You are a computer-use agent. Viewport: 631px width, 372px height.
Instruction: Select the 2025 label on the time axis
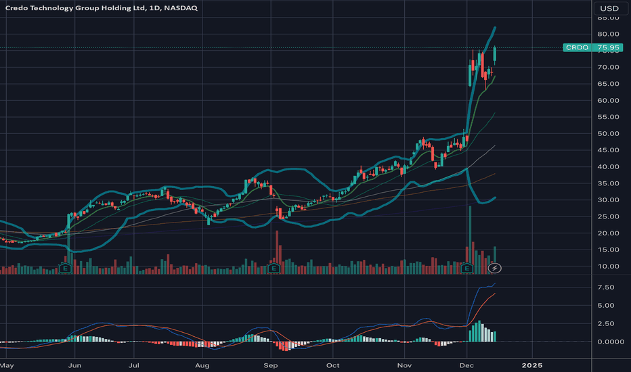coord(531,366)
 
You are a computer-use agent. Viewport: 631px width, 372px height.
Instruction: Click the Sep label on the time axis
coord(271,366)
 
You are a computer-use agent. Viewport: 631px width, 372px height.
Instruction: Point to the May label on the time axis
coord(7,366)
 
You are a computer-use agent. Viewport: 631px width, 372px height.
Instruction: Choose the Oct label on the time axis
coord(332,366)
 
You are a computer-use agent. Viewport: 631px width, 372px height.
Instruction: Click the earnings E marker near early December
coord(467,269)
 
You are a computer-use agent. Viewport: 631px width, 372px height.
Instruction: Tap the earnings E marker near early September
coord(274,269)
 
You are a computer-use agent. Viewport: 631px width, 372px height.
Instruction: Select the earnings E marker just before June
coord(66,269)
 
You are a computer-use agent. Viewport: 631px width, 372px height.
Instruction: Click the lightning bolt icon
coord(496,269)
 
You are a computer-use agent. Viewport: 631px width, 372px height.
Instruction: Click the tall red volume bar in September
coord(277,250)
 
